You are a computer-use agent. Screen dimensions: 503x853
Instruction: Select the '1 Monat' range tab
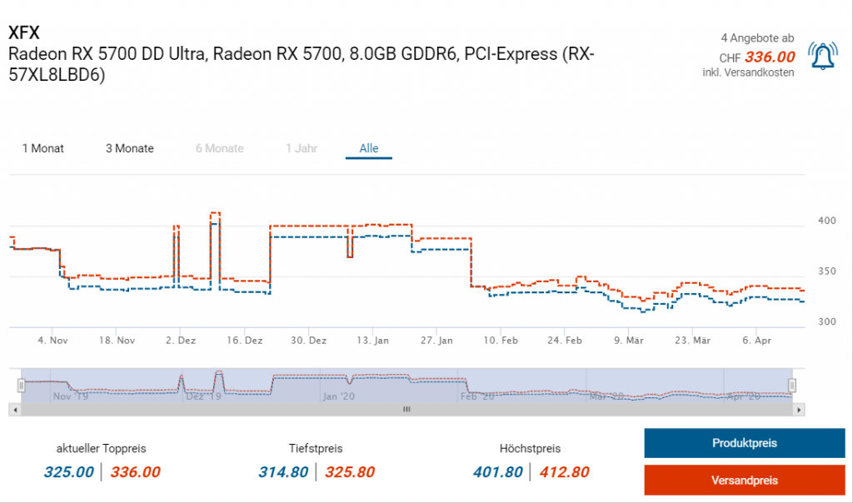click(x=42, y=148)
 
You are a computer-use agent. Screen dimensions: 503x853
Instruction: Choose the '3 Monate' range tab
click(x=129, y=148)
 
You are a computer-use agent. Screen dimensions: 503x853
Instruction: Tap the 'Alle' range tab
click(x=369, y=148)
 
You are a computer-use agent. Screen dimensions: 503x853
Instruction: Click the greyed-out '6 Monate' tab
click(x=220, y=148)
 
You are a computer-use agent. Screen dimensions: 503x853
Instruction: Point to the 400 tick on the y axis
click(x=826, y=221)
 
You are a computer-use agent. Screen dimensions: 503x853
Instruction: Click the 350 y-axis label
click(x=826, y=271)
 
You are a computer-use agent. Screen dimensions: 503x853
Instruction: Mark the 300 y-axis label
click(x=826, y=321)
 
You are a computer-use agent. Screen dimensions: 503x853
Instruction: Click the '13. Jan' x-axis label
click(x=372, y=341)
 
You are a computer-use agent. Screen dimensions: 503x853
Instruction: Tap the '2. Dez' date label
click(x=180, y=341)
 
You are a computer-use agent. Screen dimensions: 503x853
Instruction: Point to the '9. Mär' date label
click(x=629, y=341)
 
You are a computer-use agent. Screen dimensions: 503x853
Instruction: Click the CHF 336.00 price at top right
click(x=770, y=57)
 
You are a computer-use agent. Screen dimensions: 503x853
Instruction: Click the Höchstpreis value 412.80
click(x=564, y=472)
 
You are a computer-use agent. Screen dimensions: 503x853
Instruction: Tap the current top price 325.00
click(x=68, y=472)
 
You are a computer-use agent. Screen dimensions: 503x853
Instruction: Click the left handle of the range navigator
click(x=22, y=385)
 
